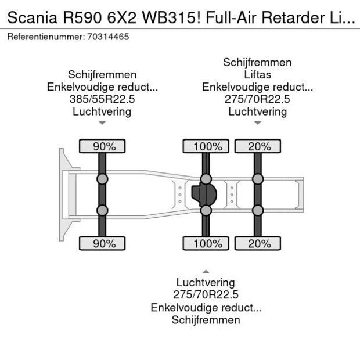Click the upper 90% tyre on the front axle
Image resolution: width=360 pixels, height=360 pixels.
coord(102,146)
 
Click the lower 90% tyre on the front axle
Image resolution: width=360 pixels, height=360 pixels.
coord(102,243)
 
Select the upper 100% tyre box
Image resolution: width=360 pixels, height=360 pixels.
coord(206,146)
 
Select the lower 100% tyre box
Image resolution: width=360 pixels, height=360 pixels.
coord(206,243)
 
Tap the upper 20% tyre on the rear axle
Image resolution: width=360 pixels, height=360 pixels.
coord(257,146)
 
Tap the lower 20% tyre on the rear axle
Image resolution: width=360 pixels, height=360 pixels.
coord(257,243)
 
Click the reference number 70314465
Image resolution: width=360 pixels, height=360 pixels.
coord(108,37)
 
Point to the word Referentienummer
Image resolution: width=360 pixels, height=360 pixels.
coord(45,37)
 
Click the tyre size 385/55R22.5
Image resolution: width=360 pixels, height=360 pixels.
coord(102,99)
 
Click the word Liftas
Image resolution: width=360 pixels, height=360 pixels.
coord(257,75)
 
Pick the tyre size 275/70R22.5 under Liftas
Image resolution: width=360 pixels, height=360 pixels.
coord(257,99)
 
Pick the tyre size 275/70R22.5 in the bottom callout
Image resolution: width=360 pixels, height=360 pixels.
coord(206,295)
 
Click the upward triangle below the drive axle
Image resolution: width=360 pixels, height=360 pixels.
coord(206,271)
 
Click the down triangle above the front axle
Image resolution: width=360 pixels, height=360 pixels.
coord(102,123)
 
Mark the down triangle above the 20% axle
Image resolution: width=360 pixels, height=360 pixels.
coord(257,123)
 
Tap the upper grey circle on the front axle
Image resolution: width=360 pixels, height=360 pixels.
coord(102,179)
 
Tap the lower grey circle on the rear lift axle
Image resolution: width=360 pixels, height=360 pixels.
coord(257,210)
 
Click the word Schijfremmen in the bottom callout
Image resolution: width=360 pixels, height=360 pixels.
coord(206,320)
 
